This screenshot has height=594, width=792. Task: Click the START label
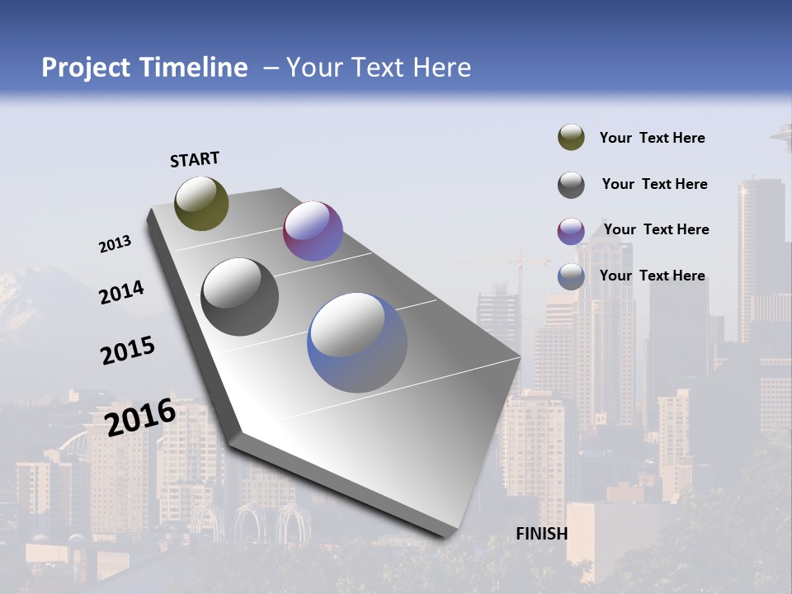(195, 158)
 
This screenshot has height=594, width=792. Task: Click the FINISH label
(541, 534)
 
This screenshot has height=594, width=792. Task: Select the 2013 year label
(115, 244)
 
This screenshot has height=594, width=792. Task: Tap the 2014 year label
(121, 293)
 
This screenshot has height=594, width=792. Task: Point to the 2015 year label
(127, 351)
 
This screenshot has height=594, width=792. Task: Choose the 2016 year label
(140, 417)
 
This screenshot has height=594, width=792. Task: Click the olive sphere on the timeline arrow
(201, 203)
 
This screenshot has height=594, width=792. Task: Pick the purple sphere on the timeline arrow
(313, 231)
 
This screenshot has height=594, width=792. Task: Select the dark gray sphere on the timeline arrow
(240, 297)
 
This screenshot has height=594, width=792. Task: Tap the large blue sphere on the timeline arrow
(357, 342)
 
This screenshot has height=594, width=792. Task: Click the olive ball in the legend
(571, 138)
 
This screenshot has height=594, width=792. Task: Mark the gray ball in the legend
(571, 185)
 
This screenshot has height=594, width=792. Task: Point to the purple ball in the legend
(571, 231)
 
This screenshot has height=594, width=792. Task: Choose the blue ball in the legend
(571, 276)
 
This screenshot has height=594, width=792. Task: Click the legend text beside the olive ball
(652, 138)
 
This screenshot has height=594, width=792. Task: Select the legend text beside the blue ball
(652, 276)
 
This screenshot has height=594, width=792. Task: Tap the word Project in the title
(84, 68)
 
